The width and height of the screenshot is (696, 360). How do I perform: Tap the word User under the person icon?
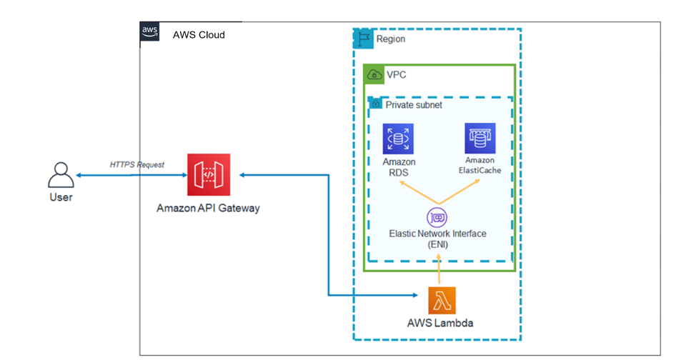(x=61, y=197)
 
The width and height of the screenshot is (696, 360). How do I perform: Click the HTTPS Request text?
(x=136, y=164)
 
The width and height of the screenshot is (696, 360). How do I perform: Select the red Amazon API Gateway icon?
(x=209, y=174)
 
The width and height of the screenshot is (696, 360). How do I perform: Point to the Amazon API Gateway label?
(x=208, y=208)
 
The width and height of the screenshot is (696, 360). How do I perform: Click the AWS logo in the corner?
(x=149, y=31)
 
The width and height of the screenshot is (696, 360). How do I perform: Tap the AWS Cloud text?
(x=199, y=34)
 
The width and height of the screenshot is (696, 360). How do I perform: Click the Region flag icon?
(x=364, y=39)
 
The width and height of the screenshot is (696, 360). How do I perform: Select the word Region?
(x=390, y=39)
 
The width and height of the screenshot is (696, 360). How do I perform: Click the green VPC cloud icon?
(x=374, y=74)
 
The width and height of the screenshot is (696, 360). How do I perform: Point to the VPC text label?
(x=397, y=74)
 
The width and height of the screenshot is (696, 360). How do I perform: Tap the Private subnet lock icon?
(x=374, y=104)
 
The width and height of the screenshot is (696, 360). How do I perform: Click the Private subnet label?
(x=414, y=104)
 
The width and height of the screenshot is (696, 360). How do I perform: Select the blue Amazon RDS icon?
(x=398, y=139)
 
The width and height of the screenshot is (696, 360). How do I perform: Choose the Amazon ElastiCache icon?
(x=479, y=137)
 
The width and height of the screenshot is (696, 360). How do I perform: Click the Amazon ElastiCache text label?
(x=479, y=166)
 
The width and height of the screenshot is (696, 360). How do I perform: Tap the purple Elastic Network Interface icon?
(x=437, y=216)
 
